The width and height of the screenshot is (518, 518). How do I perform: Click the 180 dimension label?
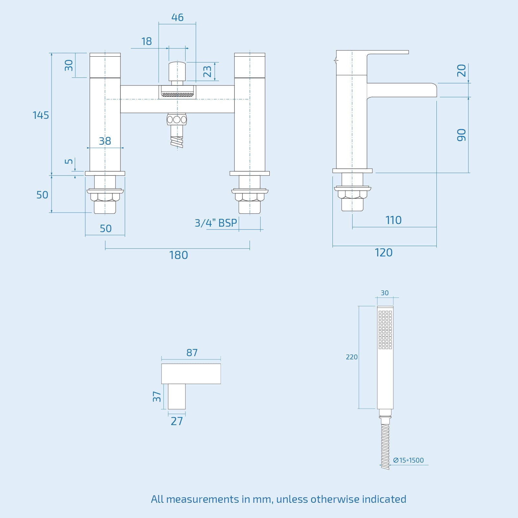[x=178, y=255]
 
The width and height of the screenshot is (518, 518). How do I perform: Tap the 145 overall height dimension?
[x=41, y=115]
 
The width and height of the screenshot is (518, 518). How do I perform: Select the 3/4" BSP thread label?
[x=216, y=223]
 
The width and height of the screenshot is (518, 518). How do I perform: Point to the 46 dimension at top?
[x=177, y=17]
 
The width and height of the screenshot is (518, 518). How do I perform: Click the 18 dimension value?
[x=146, y=41]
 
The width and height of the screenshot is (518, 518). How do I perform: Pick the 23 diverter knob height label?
[x=207, y=72]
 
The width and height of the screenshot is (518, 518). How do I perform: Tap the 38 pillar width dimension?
[x=105, y=141]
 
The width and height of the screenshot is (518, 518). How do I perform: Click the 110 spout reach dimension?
[x=393, y=220]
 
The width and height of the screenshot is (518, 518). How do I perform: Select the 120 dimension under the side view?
[x=384, y=253]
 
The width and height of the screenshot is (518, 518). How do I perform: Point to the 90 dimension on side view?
[x=461, y=135]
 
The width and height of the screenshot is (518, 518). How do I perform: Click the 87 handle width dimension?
[x=192, y=353]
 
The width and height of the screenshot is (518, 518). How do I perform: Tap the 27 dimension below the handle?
[x=177, y=421]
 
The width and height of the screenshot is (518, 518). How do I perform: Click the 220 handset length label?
[x=352, y=357]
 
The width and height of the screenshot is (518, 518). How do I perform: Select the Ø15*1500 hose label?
[x=408, y=460]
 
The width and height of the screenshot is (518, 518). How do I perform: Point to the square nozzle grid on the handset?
[x=385, y=330]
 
